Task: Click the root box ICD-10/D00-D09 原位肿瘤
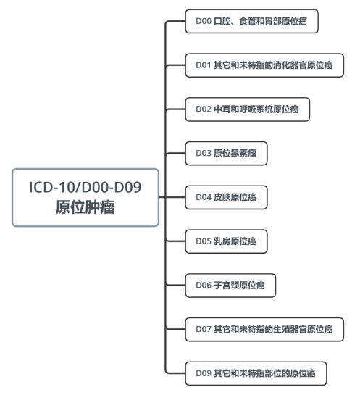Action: click(85, 197)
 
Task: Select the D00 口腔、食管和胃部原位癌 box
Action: click(252, 21)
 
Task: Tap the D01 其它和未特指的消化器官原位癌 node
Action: click(264, 65)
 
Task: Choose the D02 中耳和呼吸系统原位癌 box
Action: click(248, 109)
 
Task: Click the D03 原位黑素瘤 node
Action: click(226, 154)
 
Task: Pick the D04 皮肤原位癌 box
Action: click(226, 197)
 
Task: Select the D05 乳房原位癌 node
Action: click(226, 241)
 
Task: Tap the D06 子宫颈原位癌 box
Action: click(230, 286)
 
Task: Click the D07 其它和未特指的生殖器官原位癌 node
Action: click(264, 330)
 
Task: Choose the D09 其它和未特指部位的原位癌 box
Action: click(256, 373)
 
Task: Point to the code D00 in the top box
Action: click(204, 21)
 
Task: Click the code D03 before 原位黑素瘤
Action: click(204, 153)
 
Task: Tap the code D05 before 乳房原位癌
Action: click(204, 241)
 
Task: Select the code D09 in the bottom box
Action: click(204, 373)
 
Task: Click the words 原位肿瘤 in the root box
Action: click(85, 207)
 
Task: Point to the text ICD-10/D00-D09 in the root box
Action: click(85, 187)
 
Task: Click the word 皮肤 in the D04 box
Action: click(222, 197)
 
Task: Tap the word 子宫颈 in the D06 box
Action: click(226, 285)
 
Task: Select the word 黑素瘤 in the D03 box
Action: click(243, 153)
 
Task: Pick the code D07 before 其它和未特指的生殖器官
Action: click(204, 329)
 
